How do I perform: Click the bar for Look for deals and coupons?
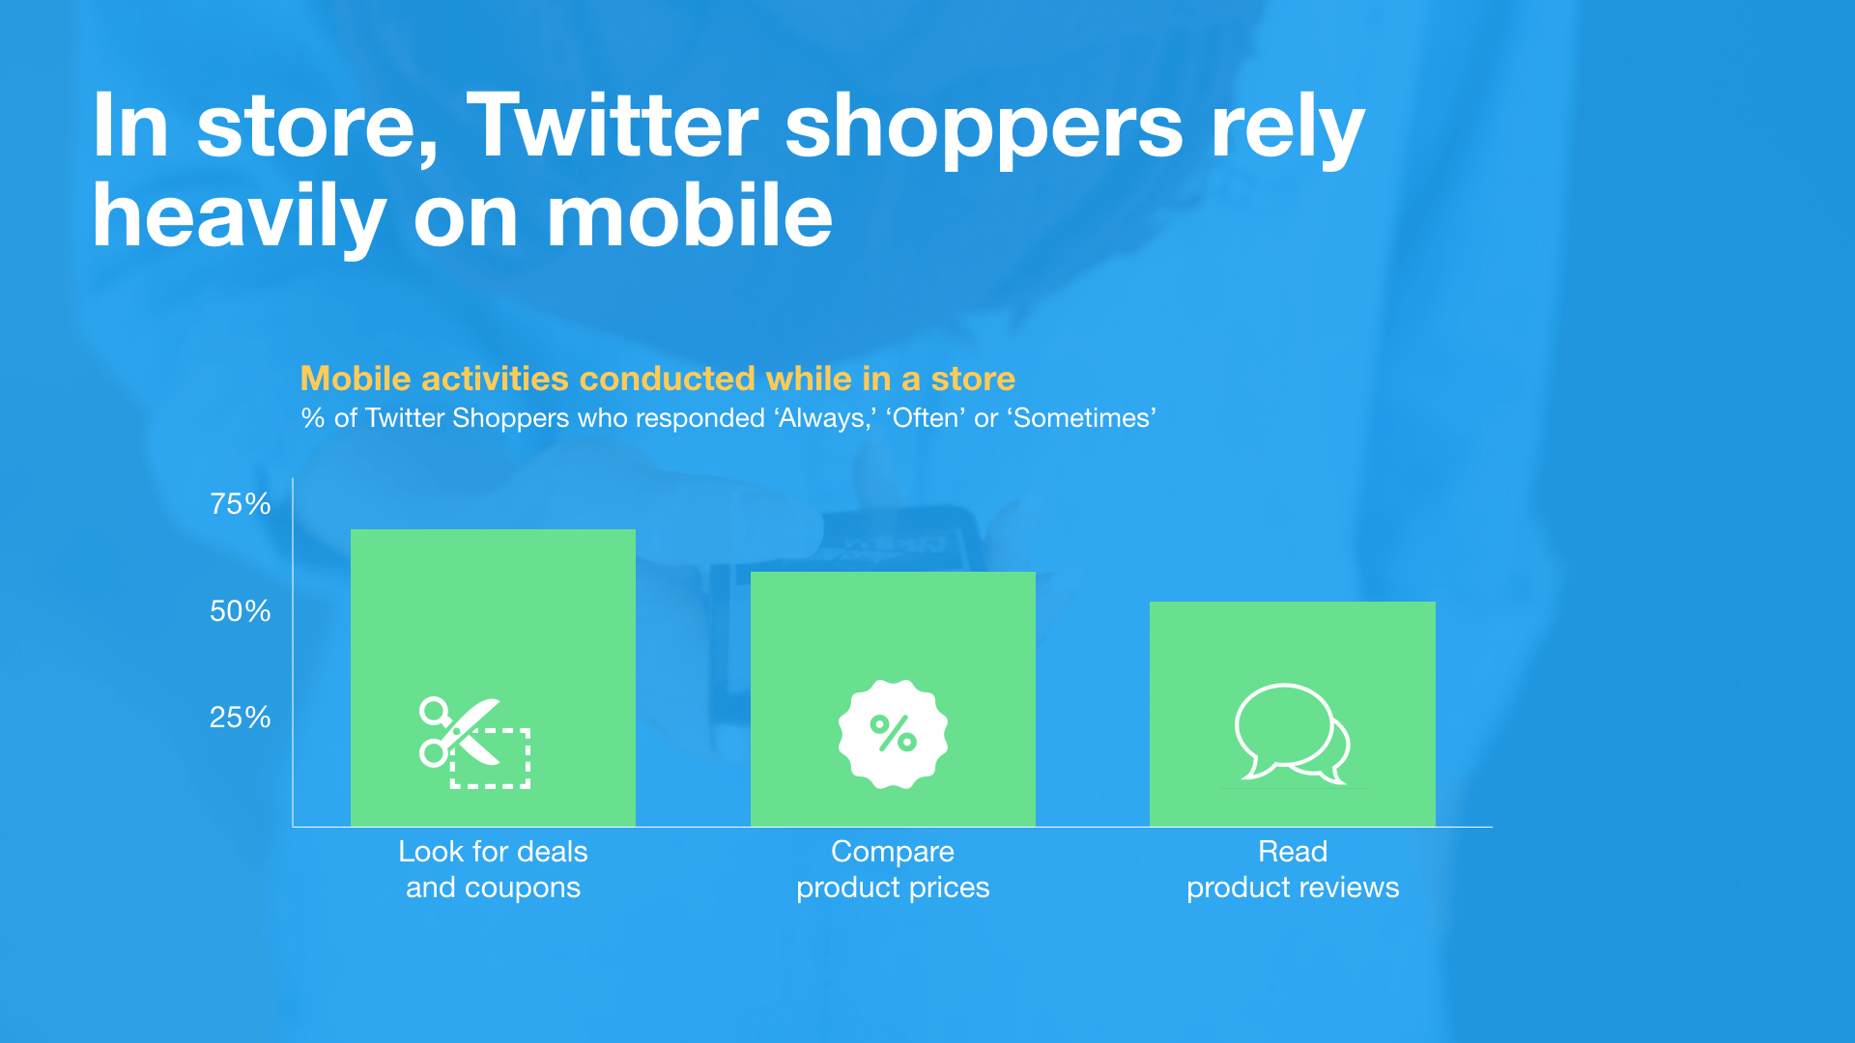[493, 677]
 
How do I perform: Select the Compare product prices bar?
[893, 698]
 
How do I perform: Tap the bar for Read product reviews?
[1293, 714]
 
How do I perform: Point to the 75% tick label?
[241, 504]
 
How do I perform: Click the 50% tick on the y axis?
[241, 611]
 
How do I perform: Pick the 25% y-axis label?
[241, 718]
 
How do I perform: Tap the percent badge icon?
[893, 734]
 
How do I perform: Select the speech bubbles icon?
[1293, 733]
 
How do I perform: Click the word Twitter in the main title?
[613, 127]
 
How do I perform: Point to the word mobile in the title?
[690, 216]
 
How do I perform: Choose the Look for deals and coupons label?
[494, 869]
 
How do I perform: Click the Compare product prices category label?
[893, 869]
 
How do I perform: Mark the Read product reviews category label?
[1293, 869]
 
